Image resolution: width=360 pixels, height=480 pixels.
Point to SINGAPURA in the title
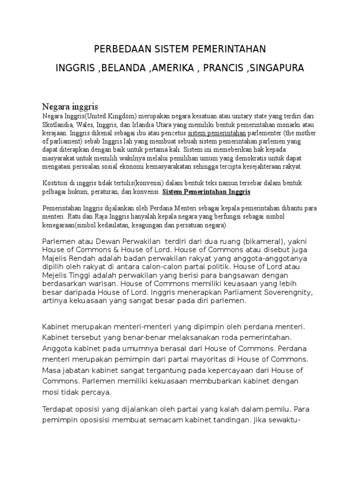point(277,68)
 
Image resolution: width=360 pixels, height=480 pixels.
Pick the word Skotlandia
point(58,125)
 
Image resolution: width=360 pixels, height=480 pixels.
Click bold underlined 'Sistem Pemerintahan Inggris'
point(206,192)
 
